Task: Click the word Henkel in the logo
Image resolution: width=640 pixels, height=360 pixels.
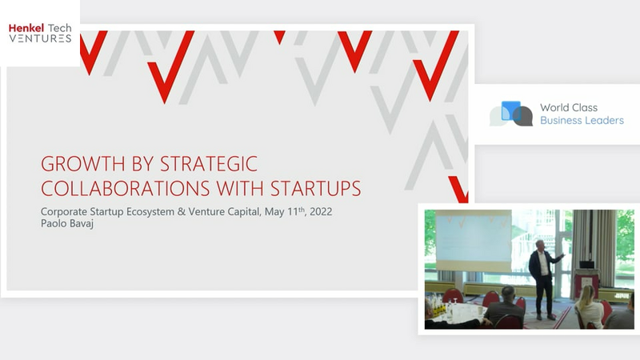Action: (x=26, y=28)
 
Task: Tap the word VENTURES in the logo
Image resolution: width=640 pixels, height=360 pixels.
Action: (x=41, y=38)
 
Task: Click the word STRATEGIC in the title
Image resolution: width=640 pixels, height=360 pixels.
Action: (x=209, y=164)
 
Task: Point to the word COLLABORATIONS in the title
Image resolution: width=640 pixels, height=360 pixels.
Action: (x=126, y=188)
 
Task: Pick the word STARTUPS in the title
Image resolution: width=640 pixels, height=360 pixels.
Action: (x=315, y=188)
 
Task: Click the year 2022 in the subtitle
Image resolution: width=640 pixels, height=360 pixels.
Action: (x=321, y=212)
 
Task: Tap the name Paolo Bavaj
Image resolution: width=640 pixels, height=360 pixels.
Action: (x=67, y=224)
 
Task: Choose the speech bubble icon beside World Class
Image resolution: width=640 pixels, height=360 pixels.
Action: (x=511, y=114)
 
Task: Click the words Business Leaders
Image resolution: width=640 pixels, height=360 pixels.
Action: (x=582, y=121)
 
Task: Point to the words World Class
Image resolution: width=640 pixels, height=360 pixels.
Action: (x=569, y=107)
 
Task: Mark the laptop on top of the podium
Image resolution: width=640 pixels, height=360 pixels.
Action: (x=586, y=265)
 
